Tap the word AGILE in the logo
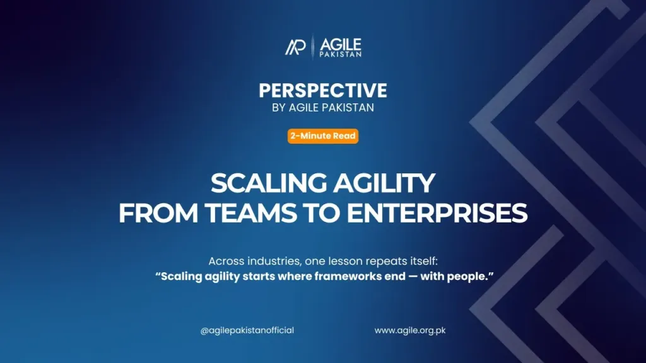coord(340,44)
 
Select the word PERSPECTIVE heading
coord(323,91)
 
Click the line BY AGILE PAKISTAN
coord(323,108)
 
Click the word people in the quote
coord(464,276)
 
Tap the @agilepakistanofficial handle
coord(247,330)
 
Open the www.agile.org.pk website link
coord(410,330)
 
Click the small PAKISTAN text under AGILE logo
coord(340,54)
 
